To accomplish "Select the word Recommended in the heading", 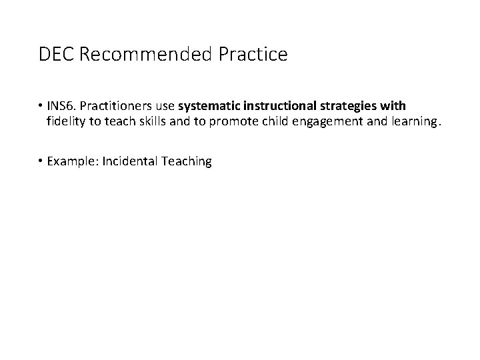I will pyautogui.click(x=145, y=55).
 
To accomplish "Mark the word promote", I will pyautogui.click(x=221, y=121).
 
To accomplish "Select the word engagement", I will pyautogui.click(x=312, y=121).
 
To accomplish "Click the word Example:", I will pyautogui.click(x=73, y=161).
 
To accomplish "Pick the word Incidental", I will pyautogui.click(x=130, y=161).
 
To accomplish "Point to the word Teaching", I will pyautogui.click(x=185, y=161).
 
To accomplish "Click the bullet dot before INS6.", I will pyautogui.click(x=41, y=107).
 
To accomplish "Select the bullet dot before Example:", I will pyautogui.click(x=41, y=161).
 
